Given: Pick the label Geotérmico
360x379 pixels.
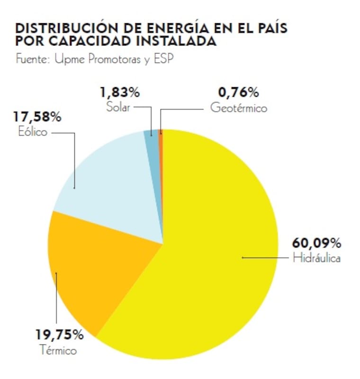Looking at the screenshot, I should click(x=239, y=108).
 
